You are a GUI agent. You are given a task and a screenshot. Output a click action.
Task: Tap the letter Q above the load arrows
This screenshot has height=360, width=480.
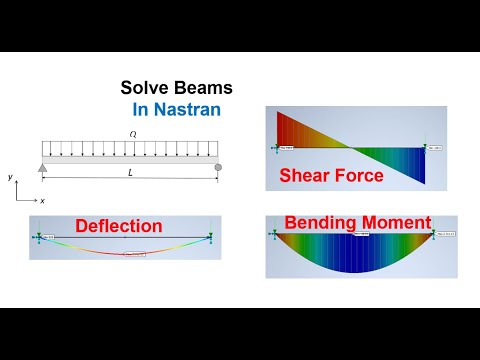click(131, 133)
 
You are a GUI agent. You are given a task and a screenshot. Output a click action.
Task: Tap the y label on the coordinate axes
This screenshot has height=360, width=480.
click(10, 177)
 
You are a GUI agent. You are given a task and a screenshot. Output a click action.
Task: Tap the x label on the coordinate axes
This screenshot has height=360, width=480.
click(42, 200)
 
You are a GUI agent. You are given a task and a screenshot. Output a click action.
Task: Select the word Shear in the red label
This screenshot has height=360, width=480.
click(309, 177)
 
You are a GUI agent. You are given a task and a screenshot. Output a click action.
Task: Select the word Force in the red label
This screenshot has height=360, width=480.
click(359, 177)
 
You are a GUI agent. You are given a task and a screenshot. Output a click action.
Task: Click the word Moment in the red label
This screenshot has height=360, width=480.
click(396, 221)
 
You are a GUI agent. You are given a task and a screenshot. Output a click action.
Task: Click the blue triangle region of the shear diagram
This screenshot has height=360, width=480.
click(405, 165)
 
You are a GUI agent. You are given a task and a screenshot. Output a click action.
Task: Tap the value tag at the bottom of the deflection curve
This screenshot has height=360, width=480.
click(136, 253)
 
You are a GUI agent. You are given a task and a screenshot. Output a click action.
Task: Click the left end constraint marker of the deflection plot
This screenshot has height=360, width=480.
click(36, 236)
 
